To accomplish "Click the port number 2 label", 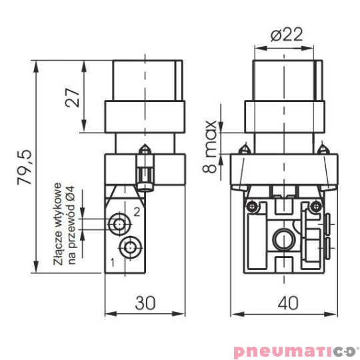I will point(136,212).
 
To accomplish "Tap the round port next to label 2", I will point(120,222).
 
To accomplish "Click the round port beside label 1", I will point(131,247).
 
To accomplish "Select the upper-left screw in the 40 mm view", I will point(251,207).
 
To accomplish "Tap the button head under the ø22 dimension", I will point(285,80).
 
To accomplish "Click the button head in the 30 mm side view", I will point(145,80).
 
